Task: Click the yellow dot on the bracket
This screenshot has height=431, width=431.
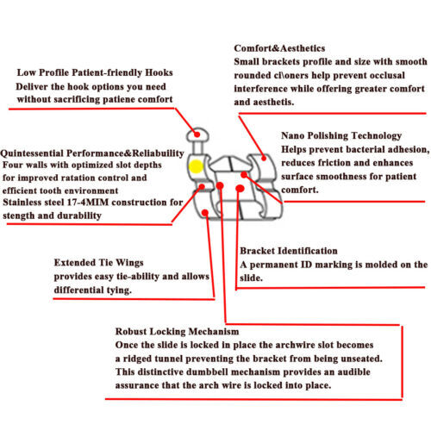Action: pyautogui.click(x=196, y=166)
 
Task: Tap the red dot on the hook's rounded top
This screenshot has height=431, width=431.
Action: pyautogui.click(x=197, y=134)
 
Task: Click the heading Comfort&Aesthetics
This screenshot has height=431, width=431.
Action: pyautogui.click(x=279, y=48)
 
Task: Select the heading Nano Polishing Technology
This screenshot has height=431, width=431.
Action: pyautogui.click(x=341, y=135)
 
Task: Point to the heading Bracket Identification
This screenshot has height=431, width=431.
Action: pyautogui.click(x=289, y=251)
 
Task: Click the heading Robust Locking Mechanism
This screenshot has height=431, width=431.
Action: pyautogui.click(x=177, y=331)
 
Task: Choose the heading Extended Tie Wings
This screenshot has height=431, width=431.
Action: pyautogui.click(x=98, y=263)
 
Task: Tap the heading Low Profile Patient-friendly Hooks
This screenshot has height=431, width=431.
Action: pyautogui.click(x=95, y=72)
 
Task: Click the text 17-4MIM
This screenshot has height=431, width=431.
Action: pyautogui.click(x=88, y=203)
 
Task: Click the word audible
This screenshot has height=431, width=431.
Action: pyautogui.click(x=353, y=372)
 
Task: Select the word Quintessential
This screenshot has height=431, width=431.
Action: pyautogui.click(x=32, y=153)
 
